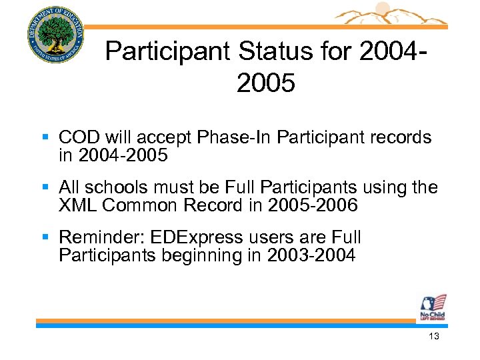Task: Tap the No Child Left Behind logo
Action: pos(432,307)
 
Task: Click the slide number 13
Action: pos(434,337)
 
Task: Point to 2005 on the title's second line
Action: pos(265,83)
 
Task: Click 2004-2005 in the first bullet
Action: pos(123,156)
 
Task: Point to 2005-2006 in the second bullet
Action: pos(313,206)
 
